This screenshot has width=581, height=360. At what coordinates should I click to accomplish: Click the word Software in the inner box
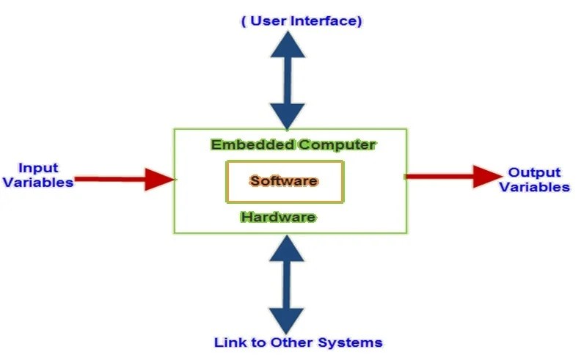click(283, 180)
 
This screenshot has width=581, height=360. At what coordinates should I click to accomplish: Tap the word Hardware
click(278, 217)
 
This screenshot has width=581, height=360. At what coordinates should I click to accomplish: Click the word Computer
click(337, 144)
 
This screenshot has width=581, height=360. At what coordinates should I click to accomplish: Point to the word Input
click(38, 168)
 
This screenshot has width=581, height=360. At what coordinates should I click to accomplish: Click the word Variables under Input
click(38, 183)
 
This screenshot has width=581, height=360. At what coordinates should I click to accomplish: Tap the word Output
click(534, 173)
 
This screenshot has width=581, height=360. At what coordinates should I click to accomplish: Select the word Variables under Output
click(534, 187)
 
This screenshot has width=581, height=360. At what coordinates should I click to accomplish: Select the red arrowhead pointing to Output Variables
click(486, 176)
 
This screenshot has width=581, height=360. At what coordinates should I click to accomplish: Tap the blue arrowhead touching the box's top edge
click(286, 116)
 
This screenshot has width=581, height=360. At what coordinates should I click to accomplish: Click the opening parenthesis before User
click(244, 21)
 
